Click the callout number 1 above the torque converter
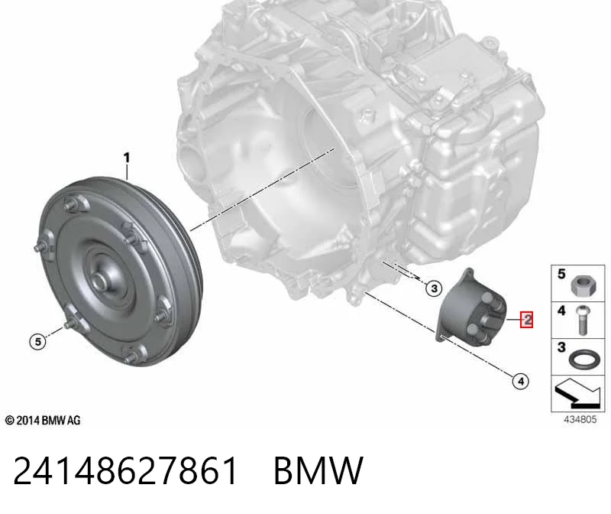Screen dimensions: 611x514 pos(126,158)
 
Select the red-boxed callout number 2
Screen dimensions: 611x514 pos(526,320)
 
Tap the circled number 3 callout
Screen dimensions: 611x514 pos(434,288)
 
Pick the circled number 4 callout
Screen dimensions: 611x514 pos(521,381)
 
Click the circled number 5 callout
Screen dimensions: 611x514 pos(37,342)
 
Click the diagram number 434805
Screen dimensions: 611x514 pos(580,419)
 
